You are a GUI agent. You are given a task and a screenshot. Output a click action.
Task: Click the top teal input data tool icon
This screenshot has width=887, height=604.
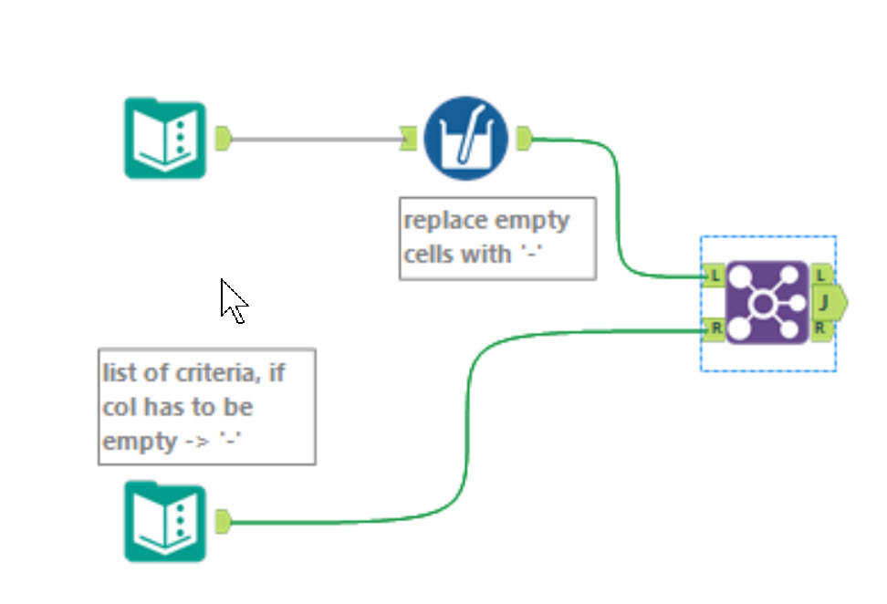(x=165, y=139)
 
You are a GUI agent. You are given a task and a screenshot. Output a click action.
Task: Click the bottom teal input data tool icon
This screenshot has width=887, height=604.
(x=165, y=522)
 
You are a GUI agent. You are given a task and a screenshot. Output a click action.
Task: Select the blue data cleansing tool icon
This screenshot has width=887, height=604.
(x=465, y=139)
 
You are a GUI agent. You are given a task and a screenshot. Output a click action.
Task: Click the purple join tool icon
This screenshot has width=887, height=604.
(x=767, y=303)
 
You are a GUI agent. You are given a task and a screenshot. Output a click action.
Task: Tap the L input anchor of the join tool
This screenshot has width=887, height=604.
(x=714, y=275)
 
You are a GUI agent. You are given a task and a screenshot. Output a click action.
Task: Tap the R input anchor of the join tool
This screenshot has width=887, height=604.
(x=714, y=328)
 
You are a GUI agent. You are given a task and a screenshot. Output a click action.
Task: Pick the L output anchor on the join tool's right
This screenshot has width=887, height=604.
(x=820, y=275)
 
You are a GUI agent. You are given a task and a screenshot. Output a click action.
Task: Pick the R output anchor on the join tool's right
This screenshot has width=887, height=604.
(x=820, y=328)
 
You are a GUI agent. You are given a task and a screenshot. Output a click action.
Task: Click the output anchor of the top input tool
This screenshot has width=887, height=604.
(x=223, y=139)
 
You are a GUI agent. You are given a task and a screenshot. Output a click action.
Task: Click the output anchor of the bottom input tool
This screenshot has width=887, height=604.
(x=223, y=522)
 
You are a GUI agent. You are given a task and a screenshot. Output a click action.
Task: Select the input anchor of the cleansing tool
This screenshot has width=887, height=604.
(x=408, y=139)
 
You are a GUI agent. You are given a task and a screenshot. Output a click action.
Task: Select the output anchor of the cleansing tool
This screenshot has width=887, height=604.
(x=524, y=139)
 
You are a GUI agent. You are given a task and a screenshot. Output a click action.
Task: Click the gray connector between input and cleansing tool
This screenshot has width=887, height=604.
(x=315, y=140)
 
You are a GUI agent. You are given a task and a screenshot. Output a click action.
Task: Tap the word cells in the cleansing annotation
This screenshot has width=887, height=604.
(x=429, y=254)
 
